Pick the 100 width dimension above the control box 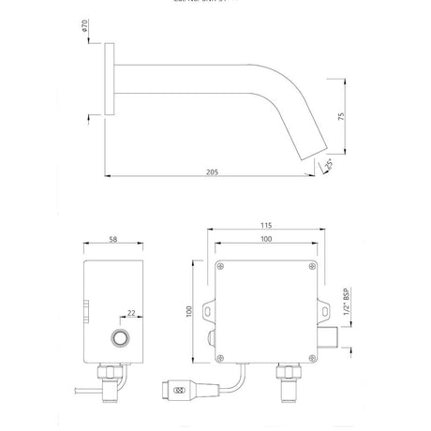[266, 242]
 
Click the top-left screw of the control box [221, 268]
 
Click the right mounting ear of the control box [322, 308]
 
